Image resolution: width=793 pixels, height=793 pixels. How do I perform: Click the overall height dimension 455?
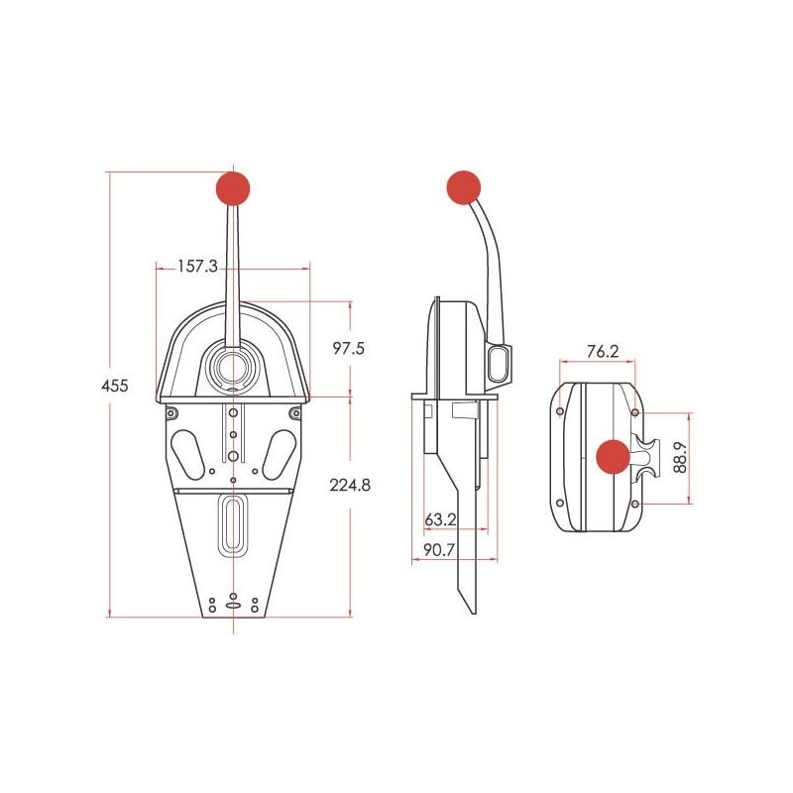tap(117, 386)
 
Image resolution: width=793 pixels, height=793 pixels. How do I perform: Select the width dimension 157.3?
tap(197, 267)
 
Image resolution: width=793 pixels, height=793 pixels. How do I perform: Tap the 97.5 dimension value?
tap(348, 349)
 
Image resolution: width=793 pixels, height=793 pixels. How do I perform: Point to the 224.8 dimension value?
tap(354, 486)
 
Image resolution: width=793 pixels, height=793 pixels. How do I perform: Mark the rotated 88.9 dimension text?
tap(680, 457)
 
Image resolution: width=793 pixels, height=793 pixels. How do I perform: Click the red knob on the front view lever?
tap(232, 187)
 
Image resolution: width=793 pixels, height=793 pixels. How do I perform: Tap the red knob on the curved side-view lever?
tap(463, 186)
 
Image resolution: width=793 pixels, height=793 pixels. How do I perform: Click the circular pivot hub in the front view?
tap(233, 367)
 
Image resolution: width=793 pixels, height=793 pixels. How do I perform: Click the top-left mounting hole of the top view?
tap(562, 409)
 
